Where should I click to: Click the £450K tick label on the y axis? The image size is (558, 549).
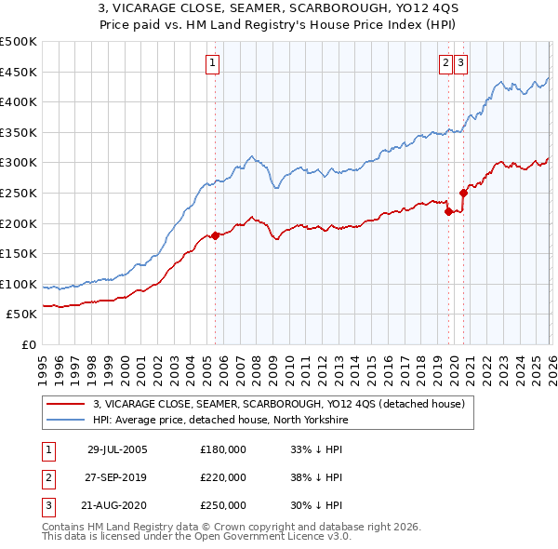[19, 72]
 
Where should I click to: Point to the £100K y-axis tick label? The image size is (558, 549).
[19, 284]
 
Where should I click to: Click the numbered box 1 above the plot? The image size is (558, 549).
[213, 63]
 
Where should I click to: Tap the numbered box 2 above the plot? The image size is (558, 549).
[445, 63]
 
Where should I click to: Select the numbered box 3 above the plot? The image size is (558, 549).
[461, 63]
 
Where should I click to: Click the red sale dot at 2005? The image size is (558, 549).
[215, 235]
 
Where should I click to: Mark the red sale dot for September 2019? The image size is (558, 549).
[448, 211]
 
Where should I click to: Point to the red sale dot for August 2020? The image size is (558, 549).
[463, 193]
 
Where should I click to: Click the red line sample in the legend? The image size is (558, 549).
[64, 403]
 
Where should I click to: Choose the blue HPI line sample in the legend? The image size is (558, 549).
[64, 419]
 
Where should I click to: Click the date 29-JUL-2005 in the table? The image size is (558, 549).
[117, 449]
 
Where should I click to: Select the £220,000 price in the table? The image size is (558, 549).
[223, 477]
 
